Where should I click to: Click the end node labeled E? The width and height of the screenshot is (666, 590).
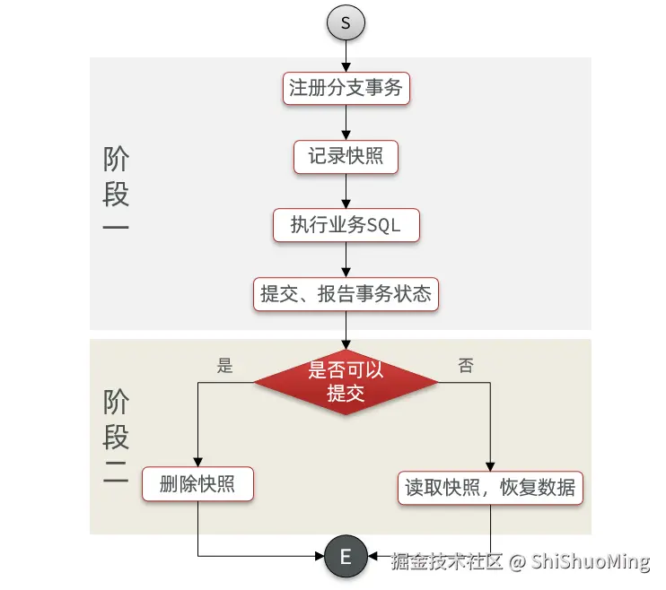346,557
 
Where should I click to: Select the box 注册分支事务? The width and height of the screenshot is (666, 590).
346,88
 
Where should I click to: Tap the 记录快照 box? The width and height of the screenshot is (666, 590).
346,156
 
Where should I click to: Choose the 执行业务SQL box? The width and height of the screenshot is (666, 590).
346,225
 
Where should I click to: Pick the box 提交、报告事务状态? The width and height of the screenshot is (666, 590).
346,293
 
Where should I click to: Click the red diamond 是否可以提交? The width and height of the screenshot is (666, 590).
346,382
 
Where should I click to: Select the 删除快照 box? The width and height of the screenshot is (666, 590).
197,485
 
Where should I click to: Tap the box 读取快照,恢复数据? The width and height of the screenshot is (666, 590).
490,488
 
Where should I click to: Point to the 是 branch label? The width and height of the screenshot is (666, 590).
225,365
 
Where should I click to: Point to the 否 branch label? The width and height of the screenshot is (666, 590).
466,365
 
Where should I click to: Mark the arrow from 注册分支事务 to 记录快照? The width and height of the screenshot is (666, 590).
346,122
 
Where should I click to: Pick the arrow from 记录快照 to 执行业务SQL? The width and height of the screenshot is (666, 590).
346,191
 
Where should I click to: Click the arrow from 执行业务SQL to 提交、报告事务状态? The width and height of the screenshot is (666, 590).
346,259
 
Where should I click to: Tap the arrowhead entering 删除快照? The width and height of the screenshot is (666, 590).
197,461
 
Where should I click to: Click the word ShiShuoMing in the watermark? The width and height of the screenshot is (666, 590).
590,562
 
